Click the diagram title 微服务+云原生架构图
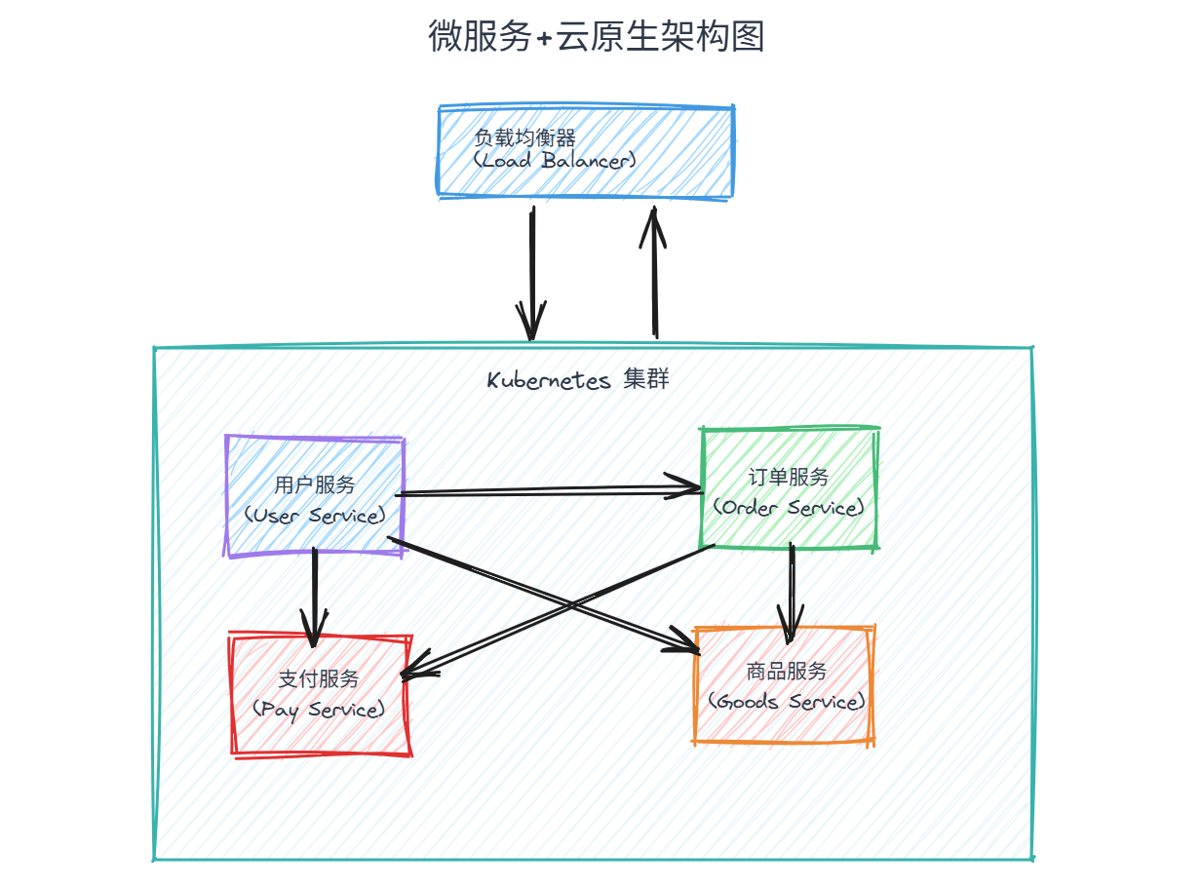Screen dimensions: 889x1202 [596, 36]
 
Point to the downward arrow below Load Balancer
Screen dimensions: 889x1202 [532, 273]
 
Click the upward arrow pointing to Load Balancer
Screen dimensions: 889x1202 [655, 273]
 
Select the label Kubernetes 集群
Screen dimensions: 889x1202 [578, 380]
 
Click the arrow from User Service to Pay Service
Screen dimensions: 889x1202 [314, 595]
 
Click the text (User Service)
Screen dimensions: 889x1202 [314, 515]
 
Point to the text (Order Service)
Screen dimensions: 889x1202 [789, 508]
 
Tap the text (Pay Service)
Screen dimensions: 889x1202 [319, 709]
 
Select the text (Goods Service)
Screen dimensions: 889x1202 [787, 702]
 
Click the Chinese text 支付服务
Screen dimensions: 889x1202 [319, 679]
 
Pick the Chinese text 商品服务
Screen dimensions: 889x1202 [787, 672]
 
